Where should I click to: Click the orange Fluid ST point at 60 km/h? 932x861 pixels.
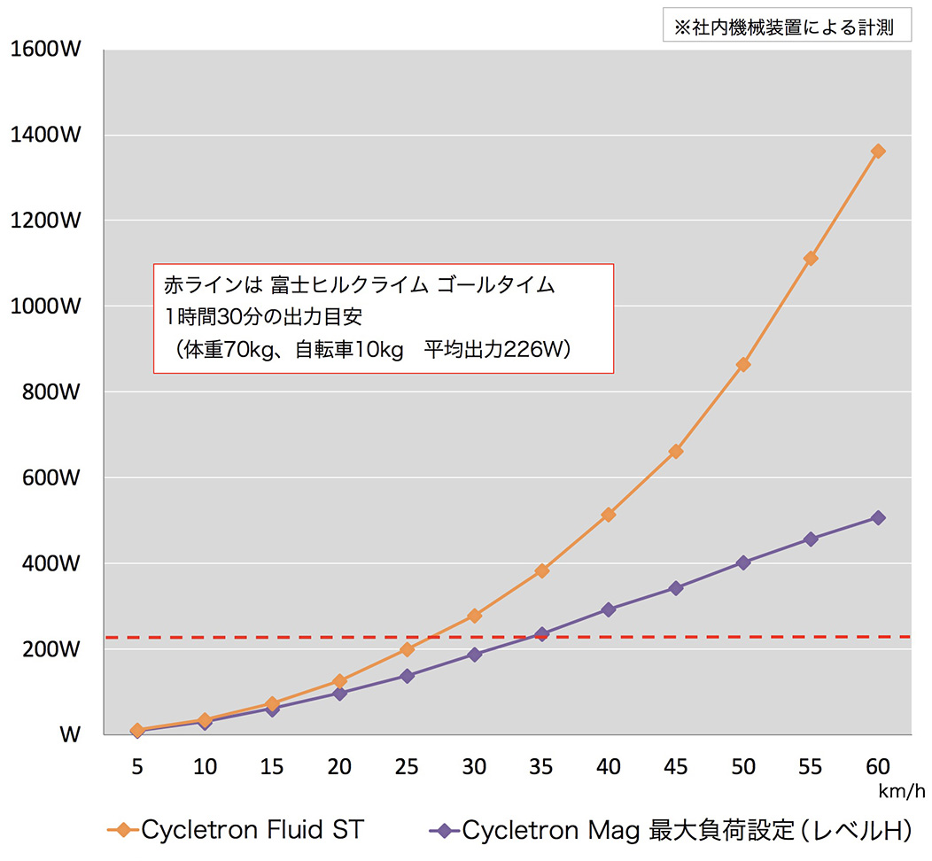pyautogui.click(x=878, y=151)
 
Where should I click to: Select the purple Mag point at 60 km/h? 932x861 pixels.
pyautogui.click(x=878, y=517)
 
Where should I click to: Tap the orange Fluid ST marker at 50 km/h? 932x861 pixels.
pyautogui.click(x=743, y=364)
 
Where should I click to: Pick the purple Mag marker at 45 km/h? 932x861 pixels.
pyautogui.click(x=676, y=588)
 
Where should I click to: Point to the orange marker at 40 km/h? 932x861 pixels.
pyautogui.click(x=609, y=515)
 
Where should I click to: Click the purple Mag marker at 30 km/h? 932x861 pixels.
pyautogui.click(x=474, y=655)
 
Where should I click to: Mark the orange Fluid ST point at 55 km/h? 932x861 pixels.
pyautogui.click(x=811, y=258)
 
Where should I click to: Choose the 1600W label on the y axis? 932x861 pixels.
pyautogui.click(x=45, y=50)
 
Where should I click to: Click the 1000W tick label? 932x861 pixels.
pyautogui.click(x=45, y=306)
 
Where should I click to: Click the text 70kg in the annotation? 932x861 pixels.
pyautogui.click(x=238, y=349)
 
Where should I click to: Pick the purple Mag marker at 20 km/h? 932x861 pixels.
pyautogui.click(x=339, y=693)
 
